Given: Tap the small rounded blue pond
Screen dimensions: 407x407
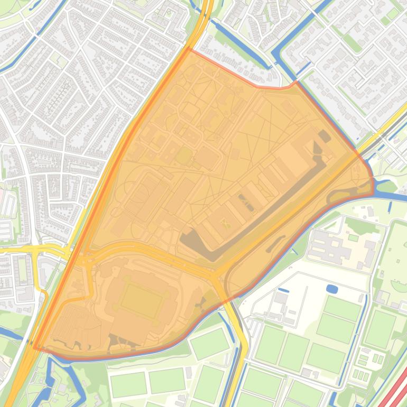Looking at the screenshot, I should pyautogui.click(x=332, y=289).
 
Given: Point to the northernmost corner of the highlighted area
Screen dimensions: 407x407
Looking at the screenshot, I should pyautogui.click(x=189, y=48).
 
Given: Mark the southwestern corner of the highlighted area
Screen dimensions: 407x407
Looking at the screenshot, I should pyautogui.click(x=35, y=348).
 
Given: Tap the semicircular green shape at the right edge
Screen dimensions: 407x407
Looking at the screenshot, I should pyautogui.click(x=401, y=285).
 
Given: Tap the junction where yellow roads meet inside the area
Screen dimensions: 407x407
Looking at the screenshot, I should pyautogui.click(x=214, y=275).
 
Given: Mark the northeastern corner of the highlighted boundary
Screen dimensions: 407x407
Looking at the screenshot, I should pyautogui.click(x=296, y=81).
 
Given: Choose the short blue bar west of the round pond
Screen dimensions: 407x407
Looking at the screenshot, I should pyautogui.click(x=283, y=290).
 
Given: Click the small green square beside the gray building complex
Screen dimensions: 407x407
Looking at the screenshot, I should pyautogui.click(x=353, y=238).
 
